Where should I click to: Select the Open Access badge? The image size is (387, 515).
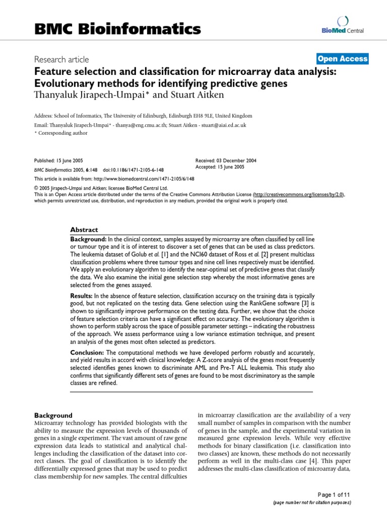click(x=343, y=59)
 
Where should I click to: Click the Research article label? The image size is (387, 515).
click(x=61, y=59)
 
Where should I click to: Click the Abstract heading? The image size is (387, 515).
click(x=84, y=229)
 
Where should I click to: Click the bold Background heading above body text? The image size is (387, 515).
click(x=53, y=415)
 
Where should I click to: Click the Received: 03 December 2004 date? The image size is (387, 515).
click(x=226, y=160)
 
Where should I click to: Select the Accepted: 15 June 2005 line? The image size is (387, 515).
click(x=220, y=166)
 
